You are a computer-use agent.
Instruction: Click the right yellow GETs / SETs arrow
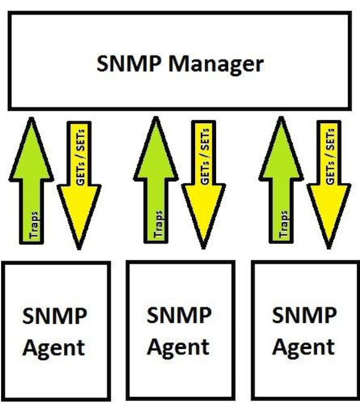[x=329, y=180]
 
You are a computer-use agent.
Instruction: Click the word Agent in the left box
[x=55, y=348]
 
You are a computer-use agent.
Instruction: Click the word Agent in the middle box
[x=179, y=347]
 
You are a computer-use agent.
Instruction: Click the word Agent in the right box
[x=304, y=347]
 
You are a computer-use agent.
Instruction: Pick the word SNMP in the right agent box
[x=304, y=315]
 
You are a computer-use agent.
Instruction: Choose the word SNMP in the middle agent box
[x=179, y=315]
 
